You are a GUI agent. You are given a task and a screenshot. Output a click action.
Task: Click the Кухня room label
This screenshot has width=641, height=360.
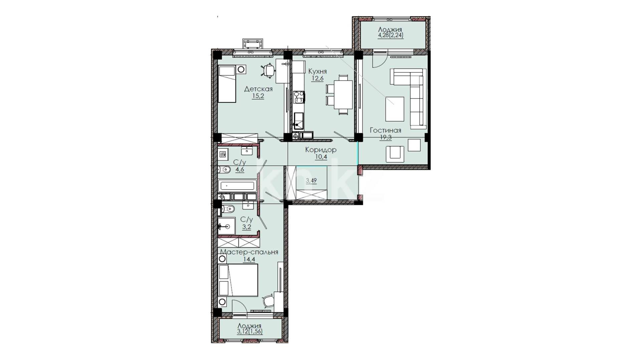317,71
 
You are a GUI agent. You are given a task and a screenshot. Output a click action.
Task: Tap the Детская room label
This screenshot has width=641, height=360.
258,89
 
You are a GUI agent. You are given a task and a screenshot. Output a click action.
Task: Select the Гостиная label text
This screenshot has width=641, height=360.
385,130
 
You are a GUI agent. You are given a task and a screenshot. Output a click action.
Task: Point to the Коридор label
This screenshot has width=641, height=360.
320,150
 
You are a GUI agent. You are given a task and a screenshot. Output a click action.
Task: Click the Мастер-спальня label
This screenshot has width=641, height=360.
249,252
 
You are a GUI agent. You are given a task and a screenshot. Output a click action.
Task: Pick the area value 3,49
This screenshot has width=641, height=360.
311,181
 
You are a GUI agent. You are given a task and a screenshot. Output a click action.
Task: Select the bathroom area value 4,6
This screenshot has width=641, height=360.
240,169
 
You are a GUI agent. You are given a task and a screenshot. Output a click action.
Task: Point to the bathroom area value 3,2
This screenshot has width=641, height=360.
247,227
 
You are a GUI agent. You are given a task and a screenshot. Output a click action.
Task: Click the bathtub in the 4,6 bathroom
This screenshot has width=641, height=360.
237,186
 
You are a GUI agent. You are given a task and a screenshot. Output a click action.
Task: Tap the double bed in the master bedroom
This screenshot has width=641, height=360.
238,280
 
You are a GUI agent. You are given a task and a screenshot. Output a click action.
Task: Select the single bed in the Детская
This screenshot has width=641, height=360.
227,84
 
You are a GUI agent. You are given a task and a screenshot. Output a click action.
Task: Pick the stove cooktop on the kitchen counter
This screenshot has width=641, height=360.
299,97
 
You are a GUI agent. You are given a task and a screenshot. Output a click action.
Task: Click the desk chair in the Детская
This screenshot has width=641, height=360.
268,70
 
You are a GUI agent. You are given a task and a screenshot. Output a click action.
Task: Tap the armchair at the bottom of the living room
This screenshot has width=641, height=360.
395,153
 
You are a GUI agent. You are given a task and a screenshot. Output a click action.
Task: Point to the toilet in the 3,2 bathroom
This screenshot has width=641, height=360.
227,209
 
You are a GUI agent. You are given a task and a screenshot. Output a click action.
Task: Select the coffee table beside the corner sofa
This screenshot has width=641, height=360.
395,109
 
